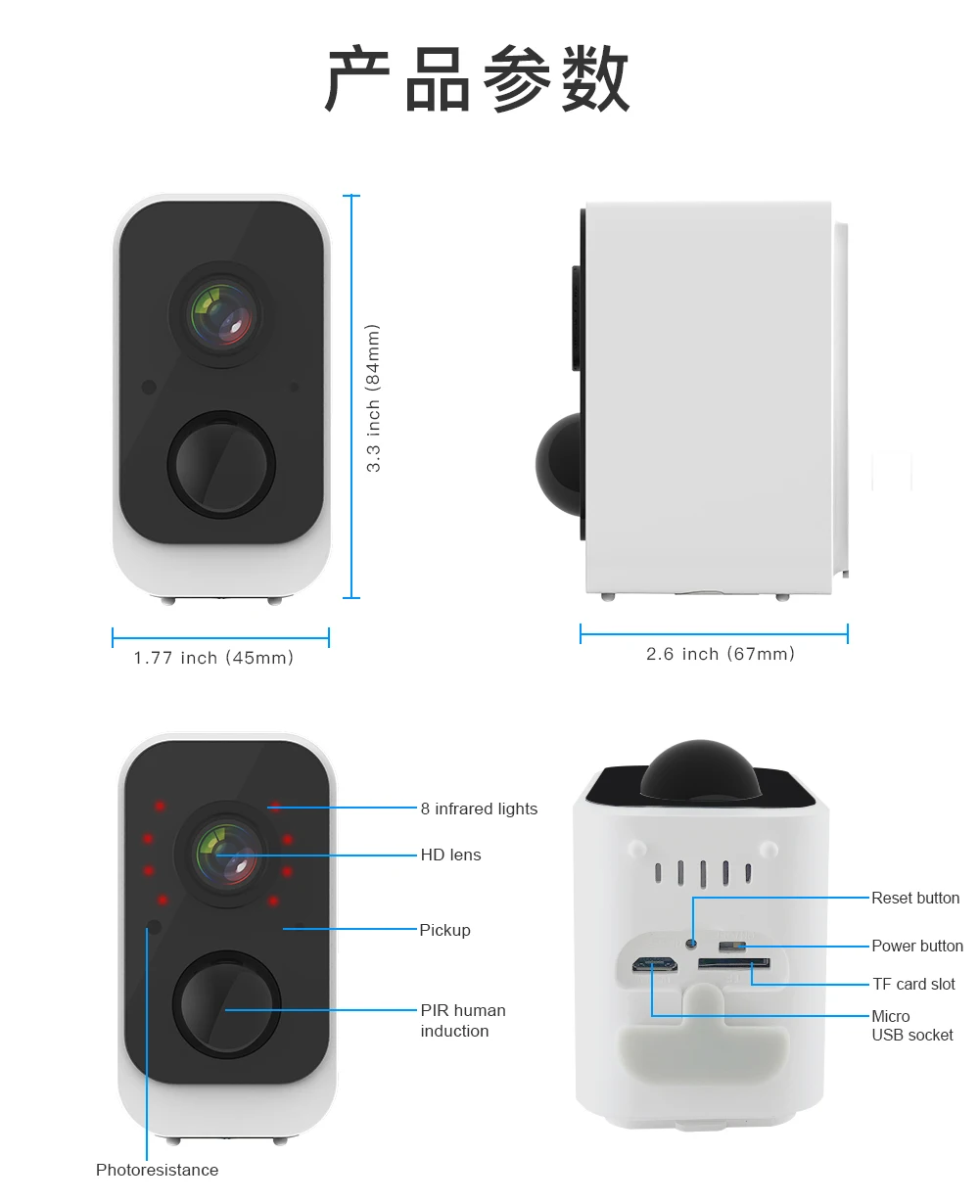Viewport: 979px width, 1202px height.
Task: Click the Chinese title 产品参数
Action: (x=477, y=79)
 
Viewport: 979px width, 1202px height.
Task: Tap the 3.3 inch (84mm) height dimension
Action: (x=373, y=398)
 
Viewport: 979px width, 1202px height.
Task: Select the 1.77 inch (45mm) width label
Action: (x=213, y=658)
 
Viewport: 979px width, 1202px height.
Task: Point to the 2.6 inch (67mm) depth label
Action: (x=720, y=654)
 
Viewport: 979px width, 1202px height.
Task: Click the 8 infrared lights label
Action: (x=479, y=809)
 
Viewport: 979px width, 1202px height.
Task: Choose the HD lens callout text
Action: (x=450, y=855)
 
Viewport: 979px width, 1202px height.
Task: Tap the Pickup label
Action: (x=444, y=930)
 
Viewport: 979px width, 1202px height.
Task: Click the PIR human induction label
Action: (x=462, y=1020)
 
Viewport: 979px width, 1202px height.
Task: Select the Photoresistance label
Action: (x=157, y=1170)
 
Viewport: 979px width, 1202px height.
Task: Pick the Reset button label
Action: (x=915, y=898)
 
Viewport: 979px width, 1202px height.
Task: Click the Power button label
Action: (x=917, y=946)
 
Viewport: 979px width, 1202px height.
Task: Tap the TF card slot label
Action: (x=913, y=984)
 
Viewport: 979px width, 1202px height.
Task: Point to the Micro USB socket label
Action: (x=911, y=1025)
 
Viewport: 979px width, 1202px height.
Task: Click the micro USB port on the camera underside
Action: (x=655, y=964)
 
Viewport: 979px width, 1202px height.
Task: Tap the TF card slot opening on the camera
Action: (x=733, y=964)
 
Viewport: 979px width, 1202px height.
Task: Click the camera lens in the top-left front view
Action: (x=222, y=315)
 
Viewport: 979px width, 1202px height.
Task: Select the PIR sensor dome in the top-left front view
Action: (x=221, y=462)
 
